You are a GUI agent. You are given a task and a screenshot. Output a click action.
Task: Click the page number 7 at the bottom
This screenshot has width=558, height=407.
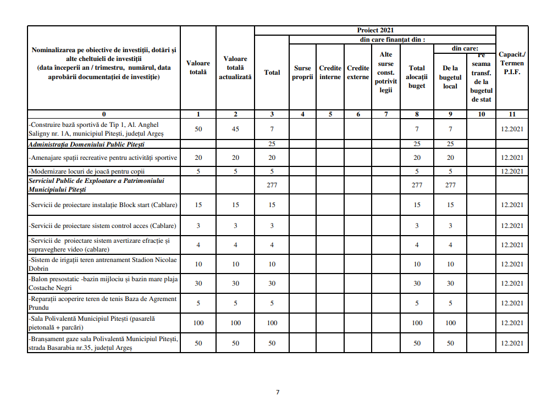tap(278, 392)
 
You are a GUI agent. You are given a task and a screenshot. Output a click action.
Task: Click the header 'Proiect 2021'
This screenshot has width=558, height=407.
tap(375, 30)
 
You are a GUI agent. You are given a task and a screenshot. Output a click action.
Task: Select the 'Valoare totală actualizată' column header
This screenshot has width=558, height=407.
tap(235, 68)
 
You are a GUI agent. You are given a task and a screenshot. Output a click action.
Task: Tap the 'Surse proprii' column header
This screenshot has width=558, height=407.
tap(302, 73)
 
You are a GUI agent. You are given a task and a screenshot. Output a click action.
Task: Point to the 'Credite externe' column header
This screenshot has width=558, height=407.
tap(358, 73)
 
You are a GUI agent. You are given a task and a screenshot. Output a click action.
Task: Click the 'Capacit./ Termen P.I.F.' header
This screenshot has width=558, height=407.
tap(512, 63)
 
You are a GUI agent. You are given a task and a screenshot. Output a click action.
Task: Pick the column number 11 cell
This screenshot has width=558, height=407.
tap(512, 114)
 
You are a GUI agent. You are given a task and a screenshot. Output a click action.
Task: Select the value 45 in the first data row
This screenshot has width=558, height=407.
tap(235, 129)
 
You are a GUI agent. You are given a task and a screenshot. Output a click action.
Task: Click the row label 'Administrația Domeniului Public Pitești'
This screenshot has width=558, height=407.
tap(86, 144)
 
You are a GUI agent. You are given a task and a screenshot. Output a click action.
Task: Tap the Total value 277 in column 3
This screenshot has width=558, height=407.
tap(272, 185)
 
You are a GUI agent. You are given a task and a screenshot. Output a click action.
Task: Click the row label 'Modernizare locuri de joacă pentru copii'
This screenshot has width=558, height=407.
tap(87, 171)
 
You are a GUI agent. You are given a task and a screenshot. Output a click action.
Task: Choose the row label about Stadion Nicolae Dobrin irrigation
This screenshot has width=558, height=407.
tap(103, 264)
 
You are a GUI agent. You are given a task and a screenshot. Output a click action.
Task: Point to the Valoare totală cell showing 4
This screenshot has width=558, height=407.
tap(198, 245)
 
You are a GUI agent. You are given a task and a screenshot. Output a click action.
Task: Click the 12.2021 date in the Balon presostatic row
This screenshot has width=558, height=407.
tap(512, 283)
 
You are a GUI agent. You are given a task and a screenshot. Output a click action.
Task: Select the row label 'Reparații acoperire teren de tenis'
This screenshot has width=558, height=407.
tap(103, 303)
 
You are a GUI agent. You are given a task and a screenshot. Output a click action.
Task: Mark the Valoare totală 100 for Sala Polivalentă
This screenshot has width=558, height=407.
tap(198, 322)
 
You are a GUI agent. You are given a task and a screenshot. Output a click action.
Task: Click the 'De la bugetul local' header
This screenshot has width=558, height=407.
tap(450, 77)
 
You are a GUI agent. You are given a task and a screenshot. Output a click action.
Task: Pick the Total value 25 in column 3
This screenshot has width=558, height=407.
tap(272, 144)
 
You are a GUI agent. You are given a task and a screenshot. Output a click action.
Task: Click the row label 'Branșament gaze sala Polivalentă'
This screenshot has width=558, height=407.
tap(103, 343)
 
